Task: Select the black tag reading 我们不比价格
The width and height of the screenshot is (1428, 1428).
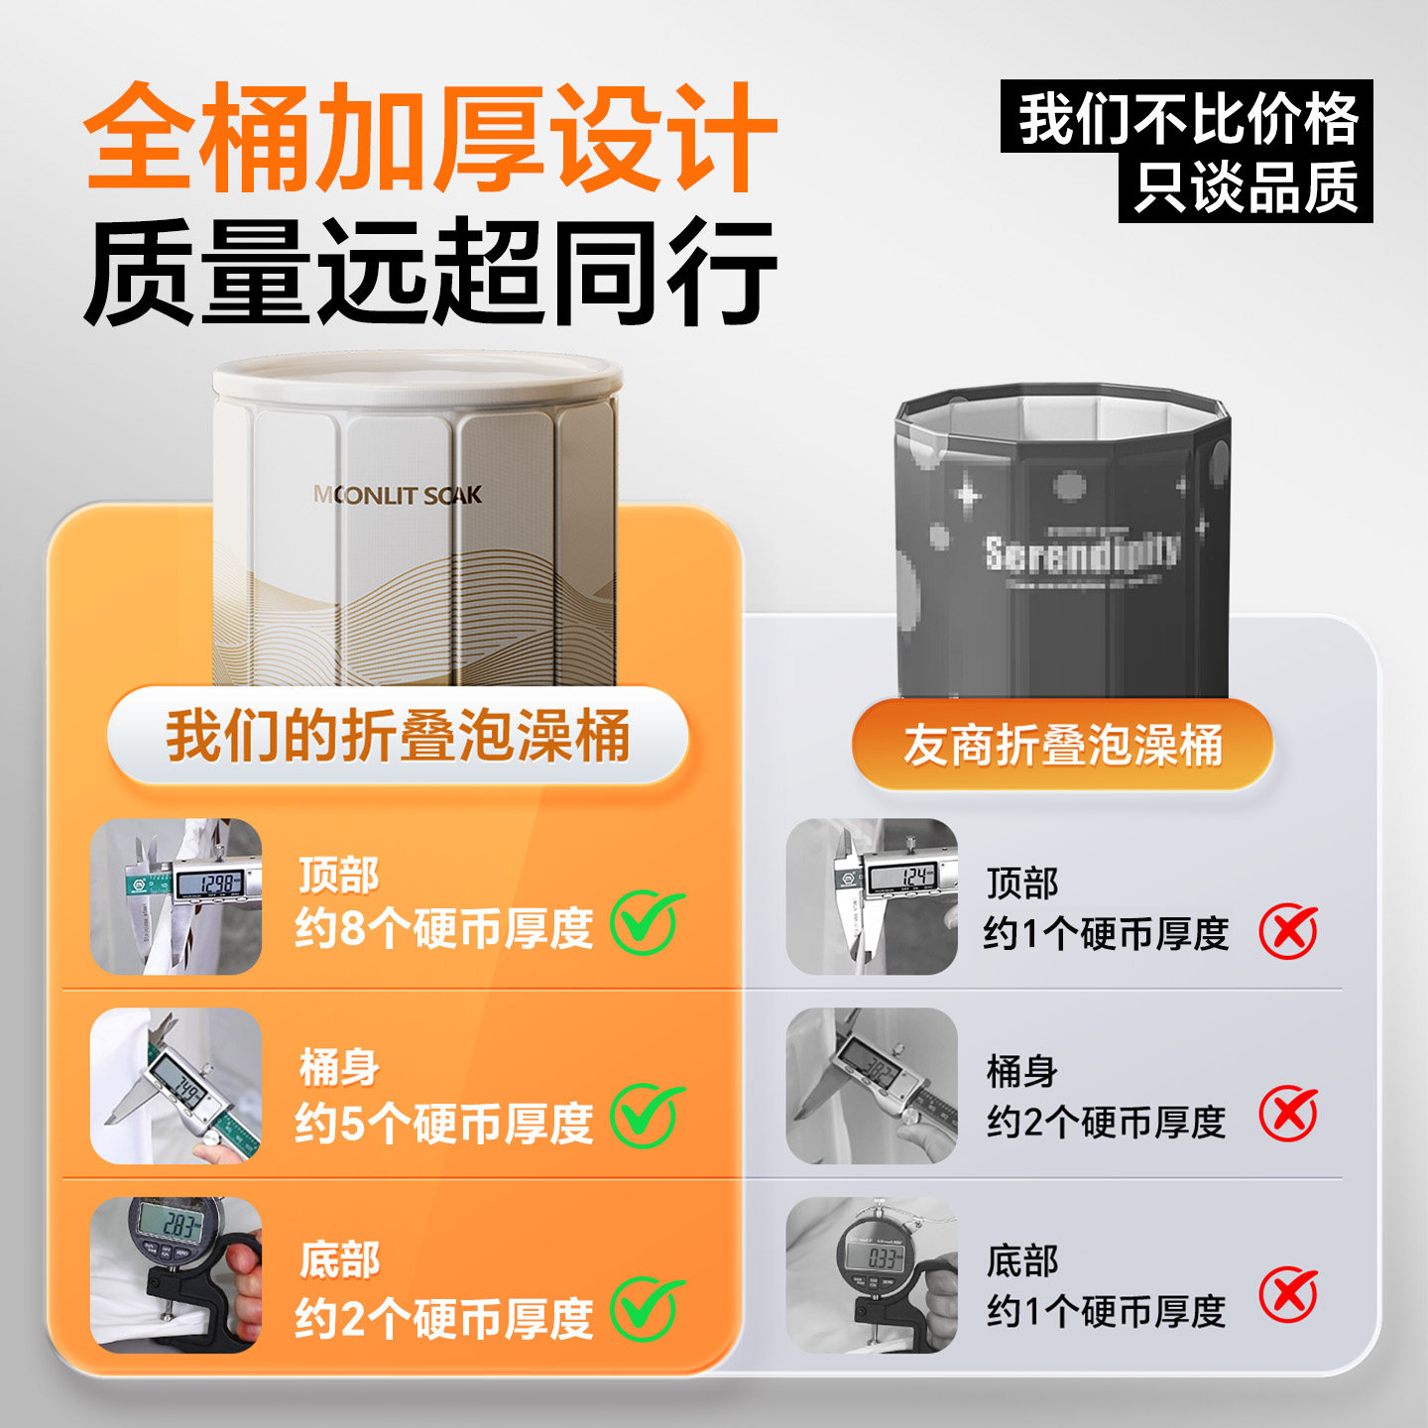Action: pyautogui.click(x=1186, y=117)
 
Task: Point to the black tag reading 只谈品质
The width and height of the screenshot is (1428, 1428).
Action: pyautogui.click(x=1246, y=186)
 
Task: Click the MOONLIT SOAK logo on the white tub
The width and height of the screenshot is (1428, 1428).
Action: pyautogui.click(x=398, y=495)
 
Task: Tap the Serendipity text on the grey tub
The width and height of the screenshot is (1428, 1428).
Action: pyautogui.click(x=1082, y=552)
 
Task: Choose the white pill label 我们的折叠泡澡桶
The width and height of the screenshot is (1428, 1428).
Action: pyautogui.click(x=398, y=736)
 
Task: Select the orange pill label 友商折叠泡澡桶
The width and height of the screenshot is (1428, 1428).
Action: pyautogui.click(x=1062, y=745)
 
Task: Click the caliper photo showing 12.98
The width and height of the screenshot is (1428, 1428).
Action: pyautogui.click(x=177, y=896)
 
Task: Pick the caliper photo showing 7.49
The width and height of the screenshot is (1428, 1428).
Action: pyautogui.click(x=177, y=1085)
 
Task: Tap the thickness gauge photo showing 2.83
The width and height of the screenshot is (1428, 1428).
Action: pyautogui.click(x=177, y=1274)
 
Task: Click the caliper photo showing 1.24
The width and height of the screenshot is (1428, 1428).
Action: pyautogui.click(x=872, y=896)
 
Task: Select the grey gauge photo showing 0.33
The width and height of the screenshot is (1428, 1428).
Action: pyautogui.click(x=872, y=1274)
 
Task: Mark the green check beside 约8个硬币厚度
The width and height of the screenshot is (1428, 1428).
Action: pyautogui.click(x=647, y=922)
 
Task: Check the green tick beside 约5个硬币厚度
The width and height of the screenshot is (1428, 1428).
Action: pyautogui.click(x=647, y=1116)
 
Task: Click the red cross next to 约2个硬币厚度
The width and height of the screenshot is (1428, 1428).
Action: pyautogui.click(x=1288, y=1114)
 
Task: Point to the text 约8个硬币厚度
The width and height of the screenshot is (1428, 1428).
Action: pyautogui.click(x=443, y=929)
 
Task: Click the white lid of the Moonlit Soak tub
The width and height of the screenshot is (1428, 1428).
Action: pyautogui.click(x=417, y=378)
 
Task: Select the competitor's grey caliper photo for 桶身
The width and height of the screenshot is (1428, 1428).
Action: pyautogui.click(x=872, y=1085)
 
